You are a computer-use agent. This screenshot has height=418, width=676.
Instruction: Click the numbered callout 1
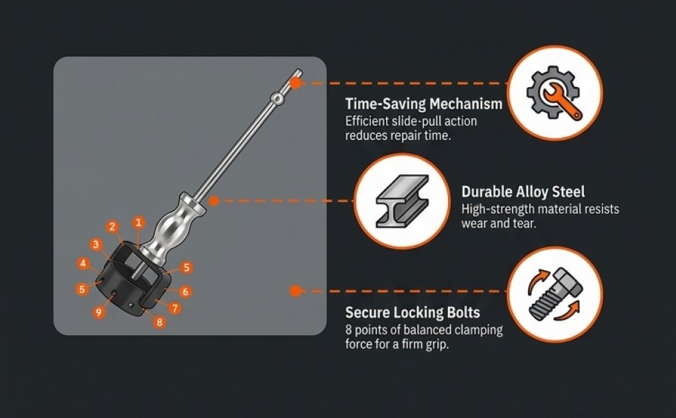coord(139,222)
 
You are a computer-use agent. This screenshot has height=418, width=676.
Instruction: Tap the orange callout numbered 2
coord(112,226)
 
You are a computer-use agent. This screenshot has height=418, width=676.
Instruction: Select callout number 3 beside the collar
coord(95,245)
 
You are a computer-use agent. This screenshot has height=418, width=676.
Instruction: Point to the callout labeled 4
coord(83,263)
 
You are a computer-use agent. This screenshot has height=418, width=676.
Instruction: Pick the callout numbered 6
coord(185,292)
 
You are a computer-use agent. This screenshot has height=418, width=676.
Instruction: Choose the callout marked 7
coord(175,308)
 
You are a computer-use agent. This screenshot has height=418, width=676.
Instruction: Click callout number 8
coord(160,322)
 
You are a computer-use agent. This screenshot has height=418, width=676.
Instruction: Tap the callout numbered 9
coord(99,312)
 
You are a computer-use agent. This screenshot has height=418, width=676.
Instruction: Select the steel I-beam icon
coord(402,201)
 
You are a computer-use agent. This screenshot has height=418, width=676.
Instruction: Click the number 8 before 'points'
coord(348,330)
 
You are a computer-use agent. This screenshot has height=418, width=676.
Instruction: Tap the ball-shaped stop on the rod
coord(277,99)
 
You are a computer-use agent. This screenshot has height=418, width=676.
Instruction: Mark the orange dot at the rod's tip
coord(295,83)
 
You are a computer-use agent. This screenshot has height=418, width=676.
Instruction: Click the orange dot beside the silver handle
coord(214,201)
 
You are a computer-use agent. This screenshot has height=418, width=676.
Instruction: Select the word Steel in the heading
coord(569,192)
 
